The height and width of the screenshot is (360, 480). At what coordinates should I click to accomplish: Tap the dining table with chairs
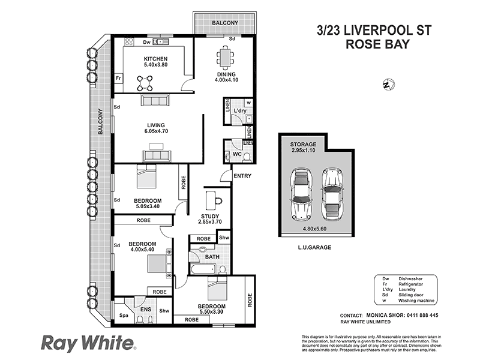226,59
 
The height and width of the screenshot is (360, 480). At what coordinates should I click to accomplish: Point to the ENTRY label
242,176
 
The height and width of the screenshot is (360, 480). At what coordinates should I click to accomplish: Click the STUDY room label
209,216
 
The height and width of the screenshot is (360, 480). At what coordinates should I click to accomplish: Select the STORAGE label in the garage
302,145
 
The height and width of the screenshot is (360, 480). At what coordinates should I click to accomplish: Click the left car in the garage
299,193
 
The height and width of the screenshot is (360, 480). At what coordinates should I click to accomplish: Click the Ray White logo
87,343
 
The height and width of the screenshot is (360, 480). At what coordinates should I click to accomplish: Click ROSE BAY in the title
377,44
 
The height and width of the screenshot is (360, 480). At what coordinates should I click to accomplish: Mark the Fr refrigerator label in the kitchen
119,79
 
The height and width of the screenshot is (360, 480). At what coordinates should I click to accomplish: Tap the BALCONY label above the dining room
224,23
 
